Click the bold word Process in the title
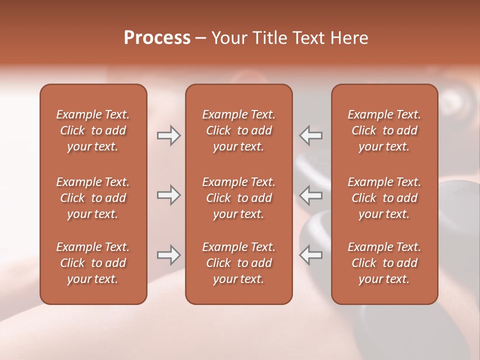click(x=157, y=38)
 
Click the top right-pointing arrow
click(x=168, y=135)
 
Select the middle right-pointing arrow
click(x=168, y=195)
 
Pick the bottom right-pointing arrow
click(x=168, y=255)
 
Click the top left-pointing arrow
click(x=311, y=135)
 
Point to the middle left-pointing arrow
click(x=311, y=195)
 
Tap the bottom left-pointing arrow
click(x=311, y=255)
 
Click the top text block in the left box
click(x=93, y=130)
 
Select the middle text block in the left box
click(x=93, y=198)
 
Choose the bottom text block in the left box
click(x=93, y=263)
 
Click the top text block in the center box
click(x=238, y=130)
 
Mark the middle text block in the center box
click(x=238, y=198)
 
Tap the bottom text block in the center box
click(x=238, y=263)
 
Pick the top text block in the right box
click(x=384, y=130)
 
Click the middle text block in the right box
click(x=384, y=198)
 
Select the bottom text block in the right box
click(x=384, y=263)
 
